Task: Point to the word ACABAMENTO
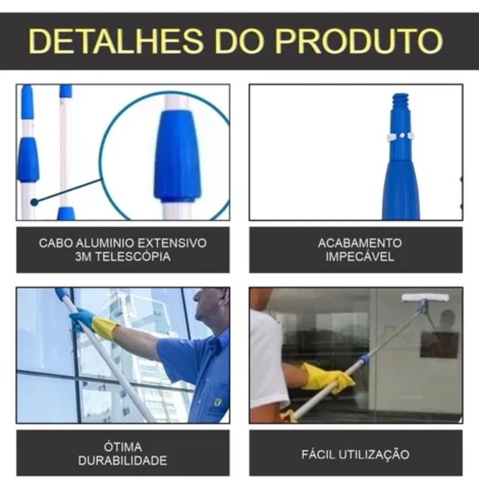(x=359, y=243)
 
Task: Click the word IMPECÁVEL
(x=359, y=257)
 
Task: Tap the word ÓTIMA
(x=122, y=447)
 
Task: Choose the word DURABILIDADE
(x=122, y=461)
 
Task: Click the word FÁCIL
(x=318, y=454)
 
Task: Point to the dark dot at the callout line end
(x=34, y=202)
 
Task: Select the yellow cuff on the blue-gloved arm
(x=105, y=328)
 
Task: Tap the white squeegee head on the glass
(x=425, y=297)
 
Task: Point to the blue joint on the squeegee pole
(x=365, y=359)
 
